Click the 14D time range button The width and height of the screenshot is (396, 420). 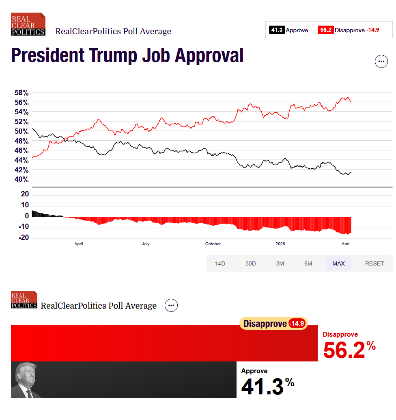(x=220, y=263)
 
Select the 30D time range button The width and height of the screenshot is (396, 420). (x=250, y=263)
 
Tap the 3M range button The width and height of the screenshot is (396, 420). (x=280, y=263)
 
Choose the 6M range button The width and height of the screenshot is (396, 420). (x=308, y=263)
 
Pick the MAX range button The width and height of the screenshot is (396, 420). (x=338, y=263)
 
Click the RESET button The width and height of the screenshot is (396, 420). (x=374, y=263)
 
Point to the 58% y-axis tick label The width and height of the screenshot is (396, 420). (x=19, y=92)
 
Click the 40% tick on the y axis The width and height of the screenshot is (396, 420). (x=19, y=179)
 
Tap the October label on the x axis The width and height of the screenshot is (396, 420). (x=213, y=244)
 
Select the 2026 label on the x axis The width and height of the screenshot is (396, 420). (x=280, y=244)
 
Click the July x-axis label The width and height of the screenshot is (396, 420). (x=146, y=244)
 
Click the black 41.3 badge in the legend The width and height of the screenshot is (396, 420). (x=277, y=30)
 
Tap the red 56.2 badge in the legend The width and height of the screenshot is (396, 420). (x=325, y=30)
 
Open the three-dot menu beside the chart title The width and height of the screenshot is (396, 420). (x=381, y=61)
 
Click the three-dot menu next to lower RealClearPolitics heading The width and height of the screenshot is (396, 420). (x=171, y=305)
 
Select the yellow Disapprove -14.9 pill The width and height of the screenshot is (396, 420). (x=273, y=324)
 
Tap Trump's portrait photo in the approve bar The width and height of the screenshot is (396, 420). (x=26, y=380)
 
